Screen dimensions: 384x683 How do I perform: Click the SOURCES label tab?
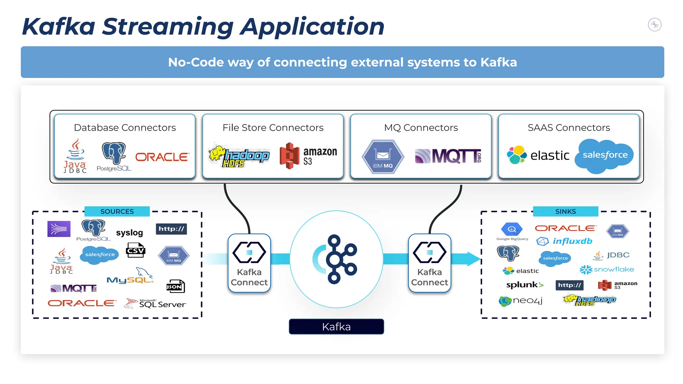117,211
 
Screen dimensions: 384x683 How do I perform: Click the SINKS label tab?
565,211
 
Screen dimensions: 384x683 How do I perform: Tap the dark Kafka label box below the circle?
336,327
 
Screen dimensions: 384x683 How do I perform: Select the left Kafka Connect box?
249,263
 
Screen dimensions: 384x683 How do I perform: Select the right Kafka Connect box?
430,263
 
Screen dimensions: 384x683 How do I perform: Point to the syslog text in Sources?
129,232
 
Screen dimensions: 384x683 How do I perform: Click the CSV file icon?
136,250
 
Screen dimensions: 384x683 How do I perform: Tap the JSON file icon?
175,286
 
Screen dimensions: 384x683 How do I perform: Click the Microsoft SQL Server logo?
155,303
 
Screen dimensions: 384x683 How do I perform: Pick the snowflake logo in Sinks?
607,269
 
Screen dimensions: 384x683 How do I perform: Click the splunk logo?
525,285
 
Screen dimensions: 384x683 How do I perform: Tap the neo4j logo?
521,301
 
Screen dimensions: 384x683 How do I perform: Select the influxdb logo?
564,241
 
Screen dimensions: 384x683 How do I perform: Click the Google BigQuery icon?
512,230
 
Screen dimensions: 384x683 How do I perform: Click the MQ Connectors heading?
421,128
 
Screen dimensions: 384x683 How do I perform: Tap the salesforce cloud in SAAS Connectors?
604,155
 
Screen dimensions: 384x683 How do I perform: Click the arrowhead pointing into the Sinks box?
474,259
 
